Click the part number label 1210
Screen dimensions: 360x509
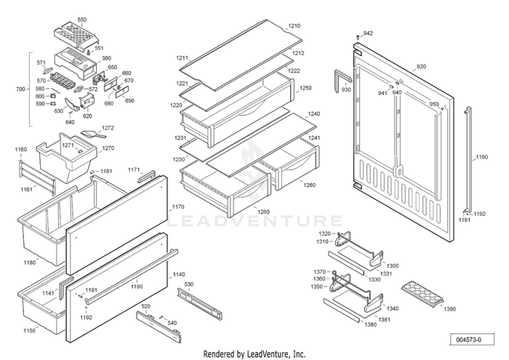tap(294, 26)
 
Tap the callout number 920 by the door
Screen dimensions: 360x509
tap(421, 67)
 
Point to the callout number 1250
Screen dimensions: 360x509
tap(305, 88)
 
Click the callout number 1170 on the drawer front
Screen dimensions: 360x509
tap(178, 207)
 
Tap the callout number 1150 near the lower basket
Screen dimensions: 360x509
tap(29, 331)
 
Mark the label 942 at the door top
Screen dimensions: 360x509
tap(368, 33)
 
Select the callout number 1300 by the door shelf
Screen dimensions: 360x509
tap(393, 265)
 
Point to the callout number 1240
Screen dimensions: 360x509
tap(314, 114)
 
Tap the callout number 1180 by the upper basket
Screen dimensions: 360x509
tap(30, 262)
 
